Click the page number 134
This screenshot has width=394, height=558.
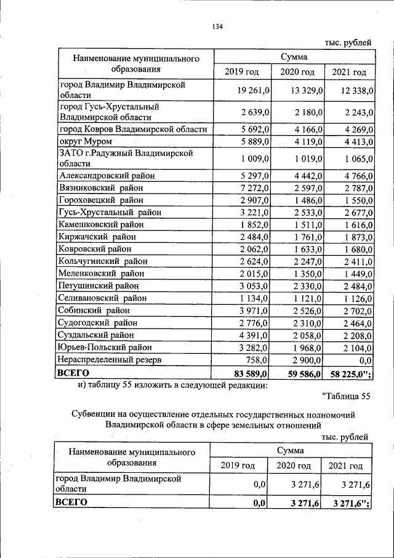point(216,27)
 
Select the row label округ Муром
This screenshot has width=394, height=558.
point(85,142)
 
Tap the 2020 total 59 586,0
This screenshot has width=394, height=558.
point(302,374)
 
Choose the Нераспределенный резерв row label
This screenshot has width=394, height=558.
point(110,359)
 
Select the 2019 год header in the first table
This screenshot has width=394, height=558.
point(241,73)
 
